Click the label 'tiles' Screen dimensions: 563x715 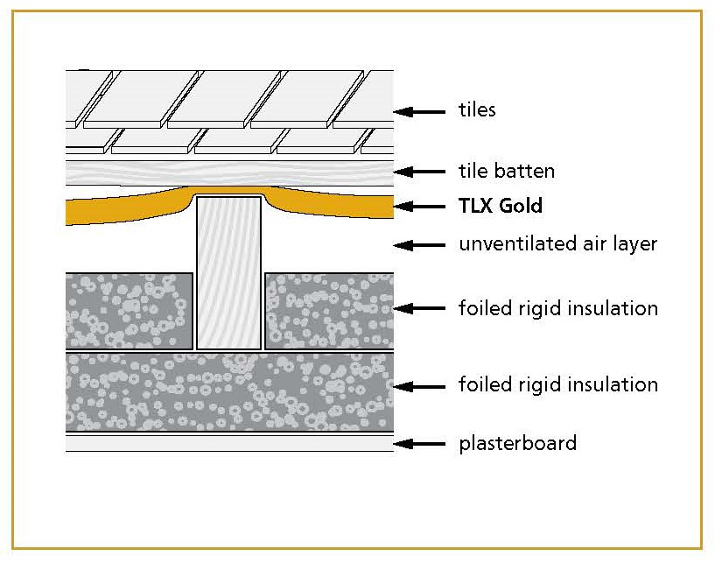477,110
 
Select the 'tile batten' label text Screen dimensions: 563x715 507,171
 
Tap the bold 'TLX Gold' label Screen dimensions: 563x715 501,207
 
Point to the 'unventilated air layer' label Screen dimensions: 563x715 557,243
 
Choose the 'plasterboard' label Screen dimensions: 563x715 517,443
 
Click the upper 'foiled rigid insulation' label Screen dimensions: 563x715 557,308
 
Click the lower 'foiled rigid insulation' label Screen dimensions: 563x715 557,384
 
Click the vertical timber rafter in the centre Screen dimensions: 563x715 228,271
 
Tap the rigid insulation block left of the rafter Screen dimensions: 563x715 130,310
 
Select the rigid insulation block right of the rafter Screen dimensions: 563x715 328,310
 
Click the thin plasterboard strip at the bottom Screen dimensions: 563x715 228,443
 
